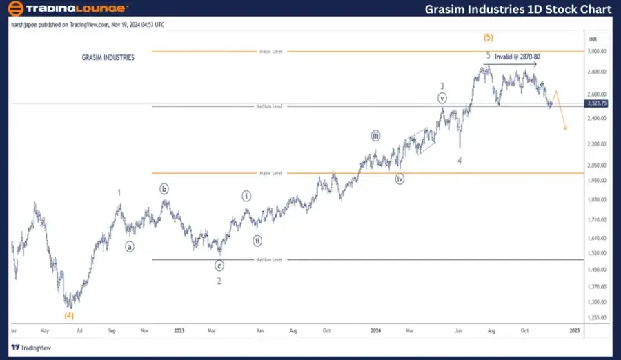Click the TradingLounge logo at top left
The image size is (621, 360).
click(x=67, y=9)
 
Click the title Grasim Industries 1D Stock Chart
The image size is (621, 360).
click(x=518, y=9)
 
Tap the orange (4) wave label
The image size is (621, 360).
click(x=69, y=315)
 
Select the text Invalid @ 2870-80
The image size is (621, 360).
click(x=517, y=57)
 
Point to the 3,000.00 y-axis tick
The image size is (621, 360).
click(x=597, y=51)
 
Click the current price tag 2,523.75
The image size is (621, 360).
click(x=596, y=103)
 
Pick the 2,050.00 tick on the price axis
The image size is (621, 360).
click(x=597, y=166)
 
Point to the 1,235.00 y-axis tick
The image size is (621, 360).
click(x=597, y=318)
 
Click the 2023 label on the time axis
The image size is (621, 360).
click(x=179, y=330)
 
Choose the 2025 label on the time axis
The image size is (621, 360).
click(x=573, y=330)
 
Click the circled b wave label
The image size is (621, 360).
click(x=164, y=189)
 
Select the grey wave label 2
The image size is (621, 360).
click(x=219, y=281)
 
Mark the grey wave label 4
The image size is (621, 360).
click(x=460, y=160)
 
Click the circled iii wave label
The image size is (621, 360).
click(x=375, y=136)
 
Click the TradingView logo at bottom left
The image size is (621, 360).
click(x=28, y=348)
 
